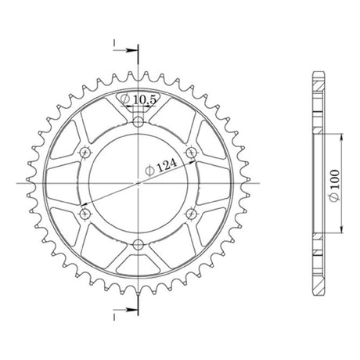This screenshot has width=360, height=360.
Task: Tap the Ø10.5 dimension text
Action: pos(139,99)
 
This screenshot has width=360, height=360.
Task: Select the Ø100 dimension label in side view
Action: pos(335,185)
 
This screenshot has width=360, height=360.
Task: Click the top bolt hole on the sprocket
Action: pos(139,121)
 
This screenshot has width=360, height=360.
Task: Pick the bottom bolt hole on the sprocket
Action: pos(139,245)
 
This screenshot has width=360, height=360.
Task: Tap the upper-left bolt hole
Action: pos(85,152)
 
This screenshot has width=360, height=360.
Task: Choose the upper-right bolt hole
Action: pos(192,152)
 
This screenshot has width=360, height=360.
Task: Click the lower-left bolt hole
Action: pos(85,214)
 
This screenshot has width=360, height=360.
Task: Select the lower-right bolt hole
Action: pos(192,214)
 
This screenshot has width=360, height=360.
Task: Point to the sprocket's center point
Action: pos(139,183)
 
